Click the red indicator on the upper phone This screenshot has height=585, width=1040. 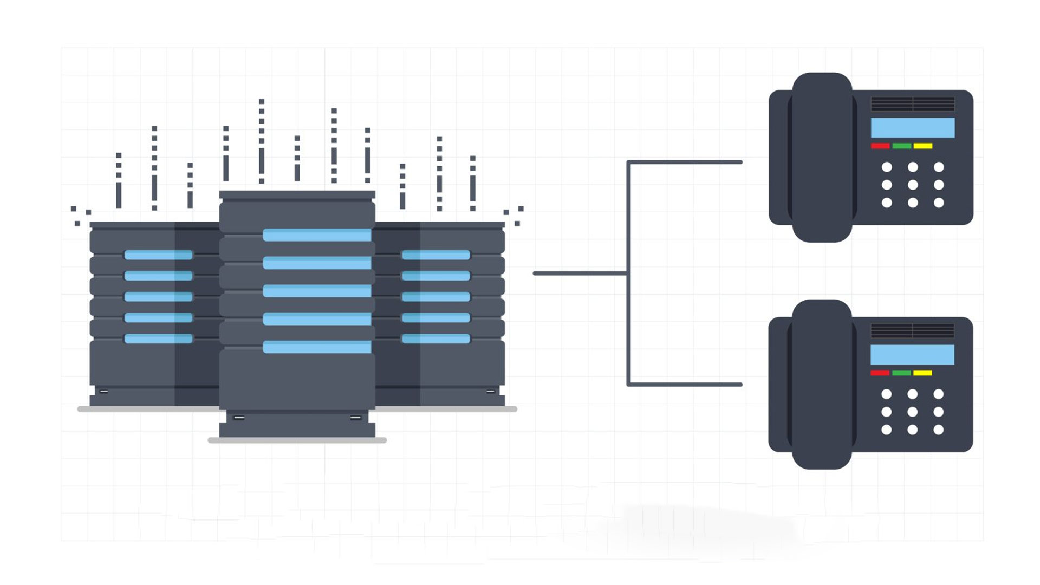coord(880,146)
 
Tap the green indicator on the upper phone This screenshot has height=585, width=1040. coord(901,146)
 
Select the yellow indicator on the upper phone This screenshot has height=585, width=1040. coord(923,146)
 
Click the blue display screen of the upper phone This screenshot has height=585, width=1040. coord(913,128)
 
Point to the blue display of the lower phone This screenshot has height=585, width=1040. coord(912,355)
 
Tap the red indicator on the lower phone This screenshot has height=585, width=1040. coord(880,373)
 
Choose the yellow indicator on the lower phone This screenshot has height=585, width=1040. coord(922,373)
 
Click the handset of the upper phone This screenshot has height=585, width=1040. coord(822,157)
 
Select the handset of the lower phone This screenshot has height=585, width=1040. coord(822,384)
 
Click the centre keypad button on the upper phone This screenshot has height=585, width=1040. coord(913,185)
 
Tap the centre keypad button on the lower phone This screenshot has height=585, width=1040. coord(912,412)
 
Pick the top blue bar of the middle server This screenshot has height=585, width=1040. coord(317,235)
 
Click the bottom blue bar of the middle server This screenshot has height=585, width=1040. coord(317,347)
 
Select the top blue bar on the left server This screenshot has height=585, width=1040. coord(158,255)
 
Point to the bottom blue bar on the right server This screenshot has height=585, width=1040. coord(436,339)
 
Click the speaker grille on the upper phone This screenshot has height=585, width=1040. coord(913,103)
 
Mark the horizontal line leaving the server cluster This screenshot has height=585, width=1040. coord(580,273)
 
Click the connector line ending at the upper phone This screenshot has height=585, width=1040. coord(685,162)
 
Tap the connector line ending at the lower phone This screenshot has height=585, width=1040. coord(685,385)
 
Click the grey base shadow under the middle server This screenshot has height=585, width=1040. coord(297,440)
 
